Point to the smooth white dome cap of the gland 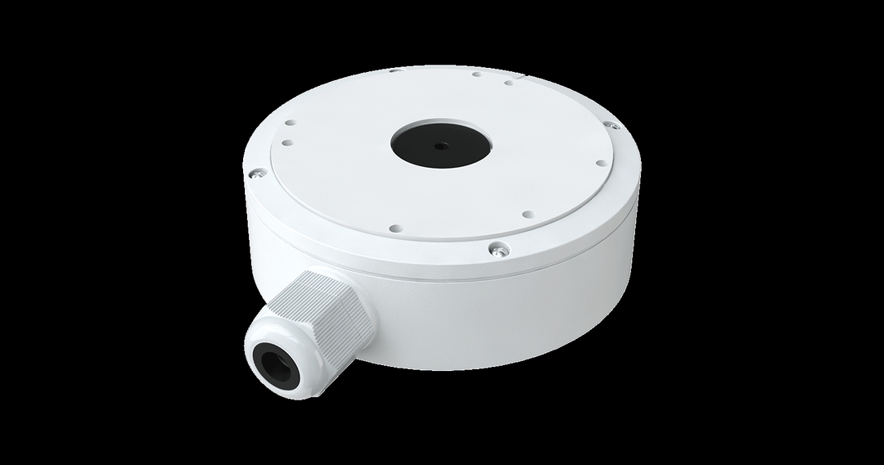(x=282, y=345)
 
